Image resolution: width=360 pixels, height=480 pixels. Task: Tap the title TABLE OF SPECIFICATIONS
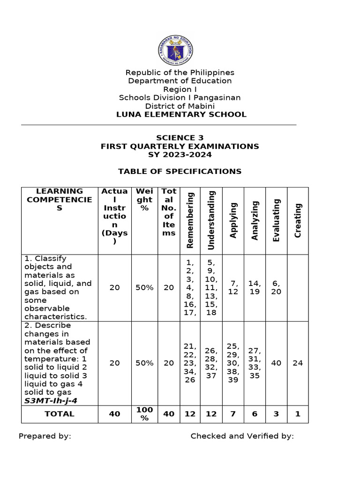click(180, 171)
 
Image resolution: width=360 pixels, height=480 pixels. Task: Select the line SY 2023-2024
click(180, 155)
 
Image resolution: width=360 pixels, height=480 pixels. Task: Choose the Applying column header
click(233, 220)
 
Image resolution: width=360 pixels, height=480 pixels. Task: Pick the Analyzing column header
click(255, 220)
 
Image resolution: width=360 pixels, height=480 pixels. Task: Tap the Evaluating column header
click(277, 220)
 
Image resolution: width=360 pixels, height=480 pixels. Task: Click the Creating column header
click(298, 220)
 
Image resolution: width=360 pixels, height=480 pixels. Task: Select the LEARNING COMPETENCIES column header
click(60, 199)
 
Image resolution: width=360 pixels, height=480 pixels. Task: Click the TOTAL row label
click(60, 414)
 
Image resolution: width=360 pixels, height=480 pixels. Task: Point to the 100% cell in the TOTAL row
click(145, 414)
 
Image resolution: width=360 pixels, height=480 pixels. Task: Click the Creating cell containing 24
click(298, 363)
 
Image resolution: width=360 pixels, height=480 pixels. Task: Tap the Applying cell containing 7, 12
click(233, 287)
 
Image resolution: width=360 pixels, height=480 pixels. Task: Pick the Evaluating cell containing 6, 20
click(277, 287)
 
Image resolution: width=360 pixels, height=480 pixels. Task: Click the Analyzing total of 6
click(255, 414)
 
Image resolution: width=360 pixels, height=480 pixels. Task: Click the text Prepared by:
click(45, 436)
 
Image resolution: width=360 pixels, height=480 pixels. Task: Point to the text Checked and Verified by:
click(242, 436)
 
